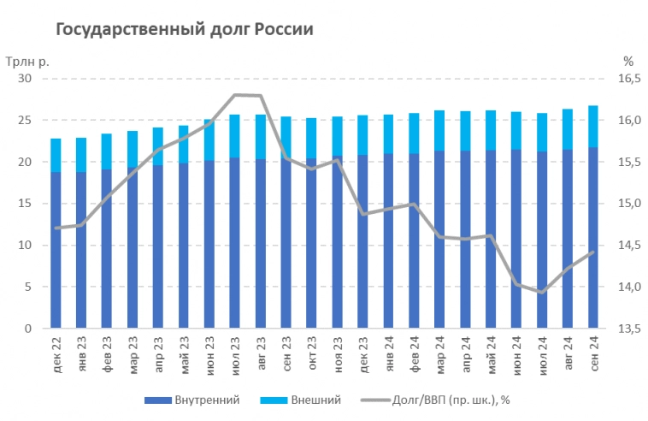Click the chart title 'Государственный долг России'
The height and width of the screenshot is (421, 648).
pyautogui.click(x=184, y=29)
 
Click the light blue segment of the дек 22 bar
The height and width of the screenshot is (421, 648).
pyautogui.click(x=56, y=155)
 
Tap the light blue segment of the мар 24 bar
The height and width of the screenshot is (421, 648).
pyautogui.click(x=439, y=130)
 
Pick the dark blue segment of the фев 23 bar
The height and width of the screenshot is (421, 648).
pyautogui.click(x=107, y=248)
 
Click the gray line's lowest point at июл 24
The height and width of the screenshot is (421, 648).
pyautogui.click(x=542, y=293)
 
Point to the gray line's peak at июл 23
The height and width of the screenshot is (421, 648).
pyautogui.click(x=235, y=94)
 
